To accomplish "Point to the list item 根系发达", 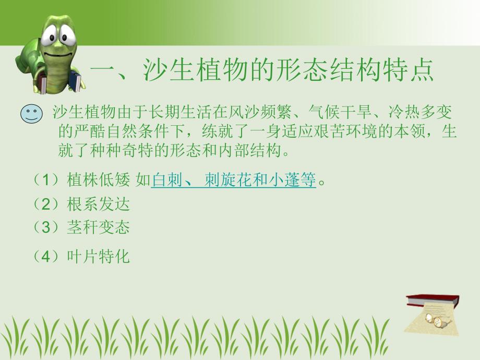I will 98,204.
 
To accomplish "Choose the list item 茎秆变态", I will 98,227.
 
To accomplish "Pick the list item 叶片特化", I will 98,257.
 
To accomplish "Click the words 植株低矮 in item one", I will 98,181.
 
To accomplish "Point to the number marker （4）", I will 49,257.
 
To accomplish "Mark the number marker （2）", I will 49,204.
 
